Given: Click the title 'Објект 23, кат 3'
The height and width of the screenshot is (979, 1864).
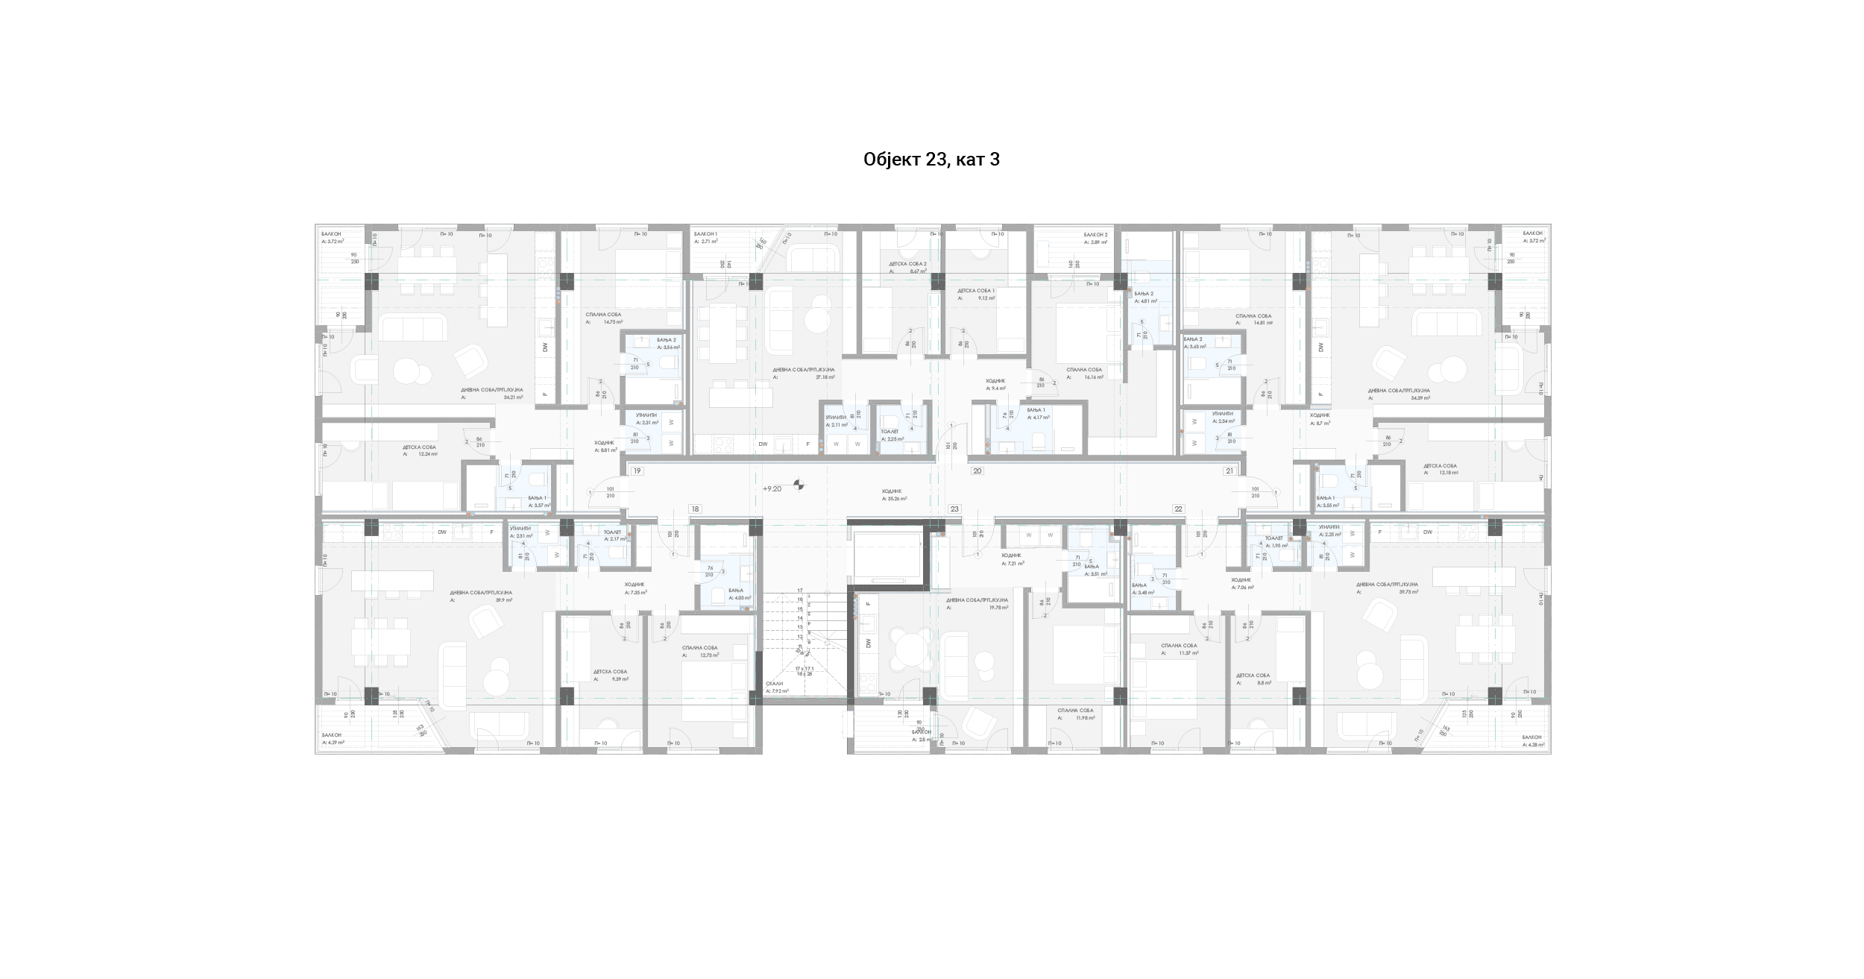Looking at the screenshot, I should pyautogui.click(x=931, y=160).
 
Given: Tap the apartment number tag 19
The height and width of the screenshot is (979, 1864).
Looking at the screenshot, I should pyautogui.click(x=637, y=471).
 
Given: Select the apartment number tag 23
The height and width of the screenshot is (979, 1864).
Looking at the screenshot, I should pyautogui.click(x=954, y=509).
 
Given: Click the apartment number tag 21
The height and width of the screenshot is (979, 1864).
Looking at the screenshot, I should pyautogui.click(x=1229, y=471).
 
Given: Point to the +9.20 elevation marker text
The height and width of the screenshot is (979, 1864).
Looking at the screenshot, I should pyautogui.click(x=772, y=489).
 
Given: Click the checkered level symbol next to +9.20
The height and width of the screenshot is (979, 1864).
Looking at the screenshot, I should pyautogui.click(x=799, y=486).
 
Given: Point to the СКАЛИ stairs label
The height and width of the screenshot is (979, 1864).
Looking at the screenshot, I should pyautogui.click(x=775, y=684).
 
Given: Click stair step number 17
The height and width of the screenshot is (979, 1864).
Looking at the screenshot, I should pyautogui.click(x=800, y=591).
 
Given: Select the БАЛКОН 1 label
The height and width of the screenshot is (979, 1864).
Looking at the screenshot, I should pyautogui.click(x=705, y=234).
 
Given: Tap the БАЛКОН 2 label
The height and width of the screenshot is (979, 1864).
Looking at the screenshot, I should pyautogui.click(x=1095, y=235).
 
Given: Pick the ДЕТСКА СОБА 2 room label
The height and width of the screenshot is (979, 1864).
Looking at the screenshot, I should pyautogui.click(x=907, y=264).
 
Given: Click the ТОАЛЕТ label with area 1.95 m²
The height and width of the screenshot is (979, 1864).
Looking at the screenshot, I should pyautogui.click(x=1273, y=538).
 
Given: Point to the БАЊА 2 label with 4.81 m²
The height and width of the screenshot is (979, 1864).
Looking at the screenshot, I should pyautogui.click(x=1144, y=294).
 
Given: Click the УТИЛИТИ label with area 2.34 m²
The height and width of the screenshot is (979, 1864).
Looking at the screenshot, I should pyautogui.click(x=1222, y=414).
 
